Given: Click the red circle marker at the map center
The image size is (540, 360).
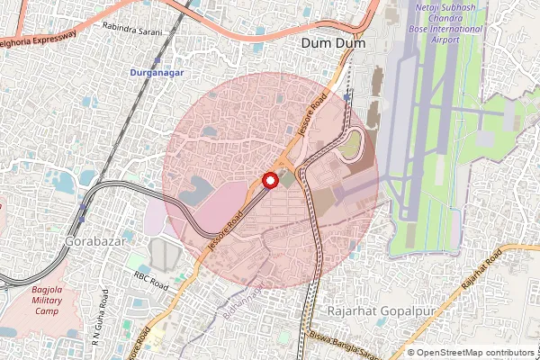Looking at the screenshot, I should (x=269, y=180).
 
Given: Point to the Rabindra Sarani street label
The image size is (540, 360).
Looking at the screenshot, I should (x=132, y=31).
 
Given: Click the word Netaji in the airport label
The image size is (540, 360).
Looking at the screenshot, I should (x=436, y=8).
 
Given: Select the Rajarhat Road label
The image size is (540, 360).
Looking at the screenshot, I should (x=481, y=271).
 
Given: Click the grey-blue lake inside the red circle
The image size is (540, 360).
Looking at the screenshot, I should (x=194, y=190).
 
